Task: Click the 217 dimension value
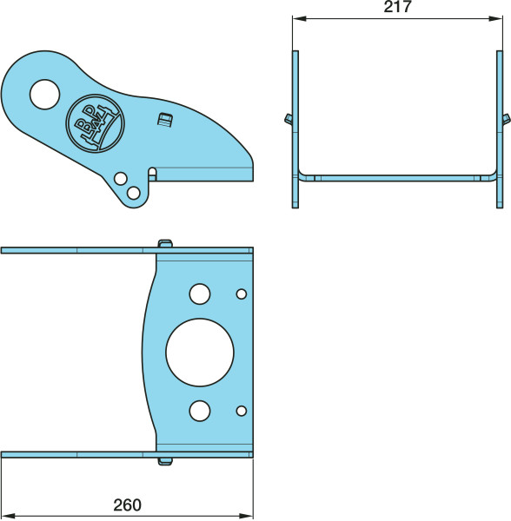point(398,7)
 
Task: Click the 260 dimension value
point(128,505)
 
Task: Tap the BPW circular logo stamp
point(95,123)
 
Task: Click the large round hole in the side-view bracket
point(44,95)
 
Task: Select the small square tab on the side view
point(164,120)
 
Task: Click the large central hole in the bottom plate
point(200,353)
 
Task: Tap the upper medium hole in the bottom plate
point(200,294)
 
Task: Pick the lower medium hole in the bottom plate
point(200,411)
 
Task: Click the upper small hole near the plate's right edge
point(242,294)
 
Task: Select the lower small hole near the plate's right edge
point(242,411)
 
